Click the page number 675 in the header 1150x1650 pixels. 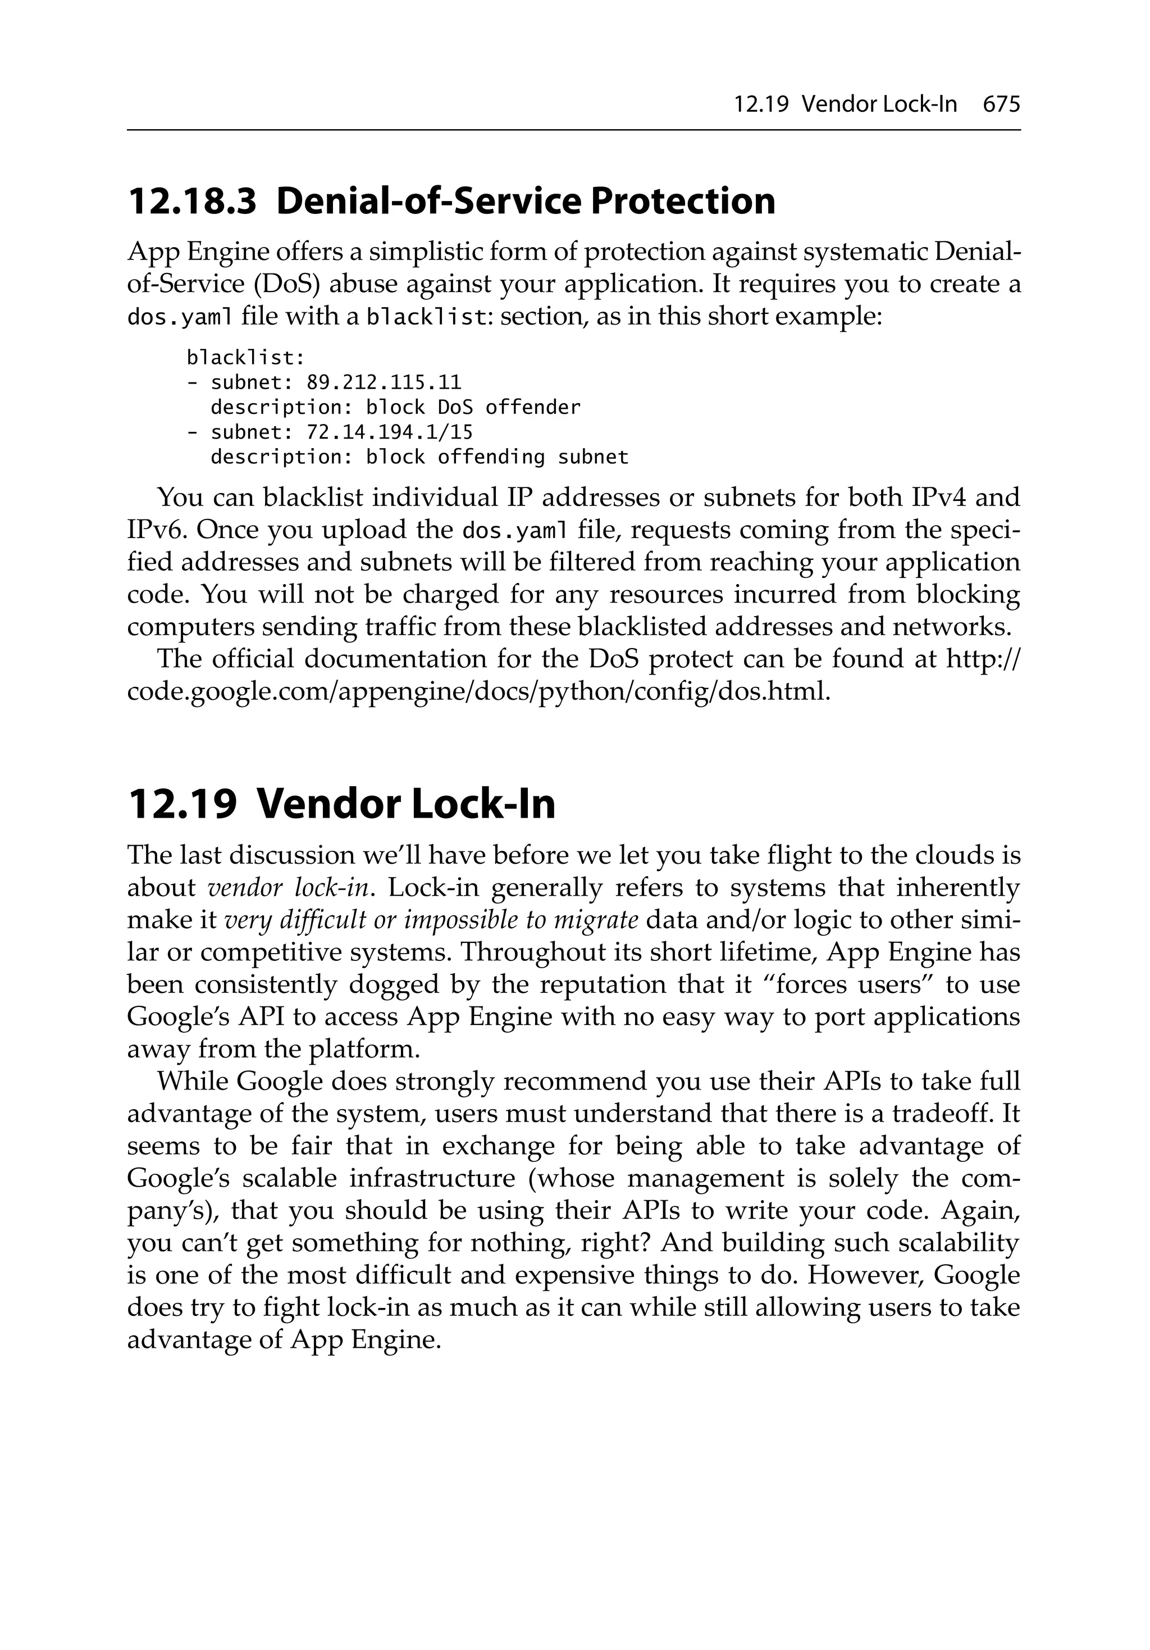coord(1001,105)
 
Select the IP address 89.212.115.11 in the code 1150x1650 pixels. coord(384,382)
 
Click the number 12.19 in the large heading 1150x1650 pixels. coord(182,804)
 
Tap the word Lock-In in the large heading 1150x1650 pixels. coord(483,804)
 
